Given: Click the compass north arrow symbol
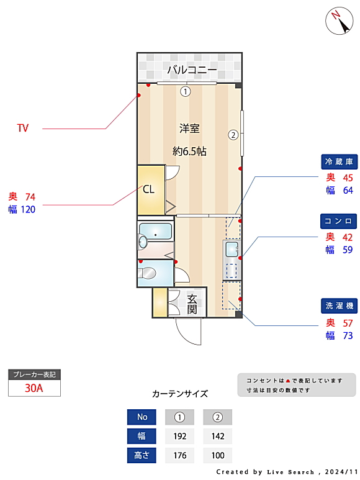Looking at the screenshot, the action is pos(339,20).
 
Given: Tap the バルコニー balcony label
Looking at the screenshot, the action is pos(192,70).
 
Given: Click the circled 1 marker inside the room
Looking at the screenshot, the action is pos(186,91).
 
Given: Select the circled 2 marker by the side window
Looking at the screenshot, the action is pos(233,135).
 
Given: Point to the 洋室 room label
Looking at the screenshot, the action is pos(189,129).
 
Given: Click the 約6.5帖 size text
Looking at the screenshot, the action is pos(189,152).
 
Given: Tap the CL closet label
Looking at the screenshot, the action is pos(148,189).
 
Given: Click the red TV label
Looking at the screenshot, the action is pos(23,128).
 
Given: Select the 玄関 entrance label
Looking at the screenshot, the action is pos(192,304).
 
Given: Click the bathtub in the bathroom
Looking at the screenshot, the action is pos(155,231).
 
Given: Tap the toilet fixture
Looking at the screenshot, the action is pos(147,273).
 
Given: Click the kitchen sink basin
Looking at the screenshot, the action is pos(232,249).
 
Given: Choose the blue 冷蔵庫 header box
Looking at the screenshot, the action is pos(339,161).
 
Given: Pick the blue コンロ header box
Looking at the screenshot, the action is pos(339,221).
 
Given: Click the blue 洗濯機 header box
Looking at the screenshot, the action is pos(339,306).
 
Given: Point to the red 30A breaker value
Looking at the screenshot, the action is pos(34,388).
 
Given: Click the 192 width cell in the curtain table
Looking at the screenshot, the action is pos(179,436).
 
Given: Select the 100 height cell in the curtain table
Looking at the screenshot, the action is pos(217,455).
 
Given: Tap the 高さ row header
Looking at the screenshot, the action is pos(142,455).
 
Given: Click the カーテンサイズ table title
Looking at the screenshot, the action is pos(180,394).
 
